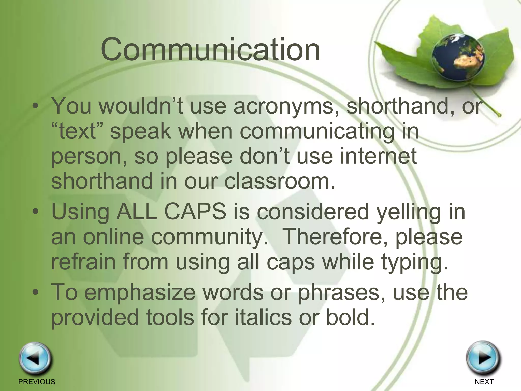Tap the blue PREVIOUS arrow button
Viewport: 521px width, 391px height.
click(35, 359)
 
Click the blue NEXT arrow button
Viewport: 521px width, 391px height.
click(483, 358)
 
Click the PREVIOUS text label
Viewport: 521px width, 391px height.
click(37, 382)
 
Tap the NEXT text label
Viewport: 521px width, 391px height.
click(484, 382)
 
